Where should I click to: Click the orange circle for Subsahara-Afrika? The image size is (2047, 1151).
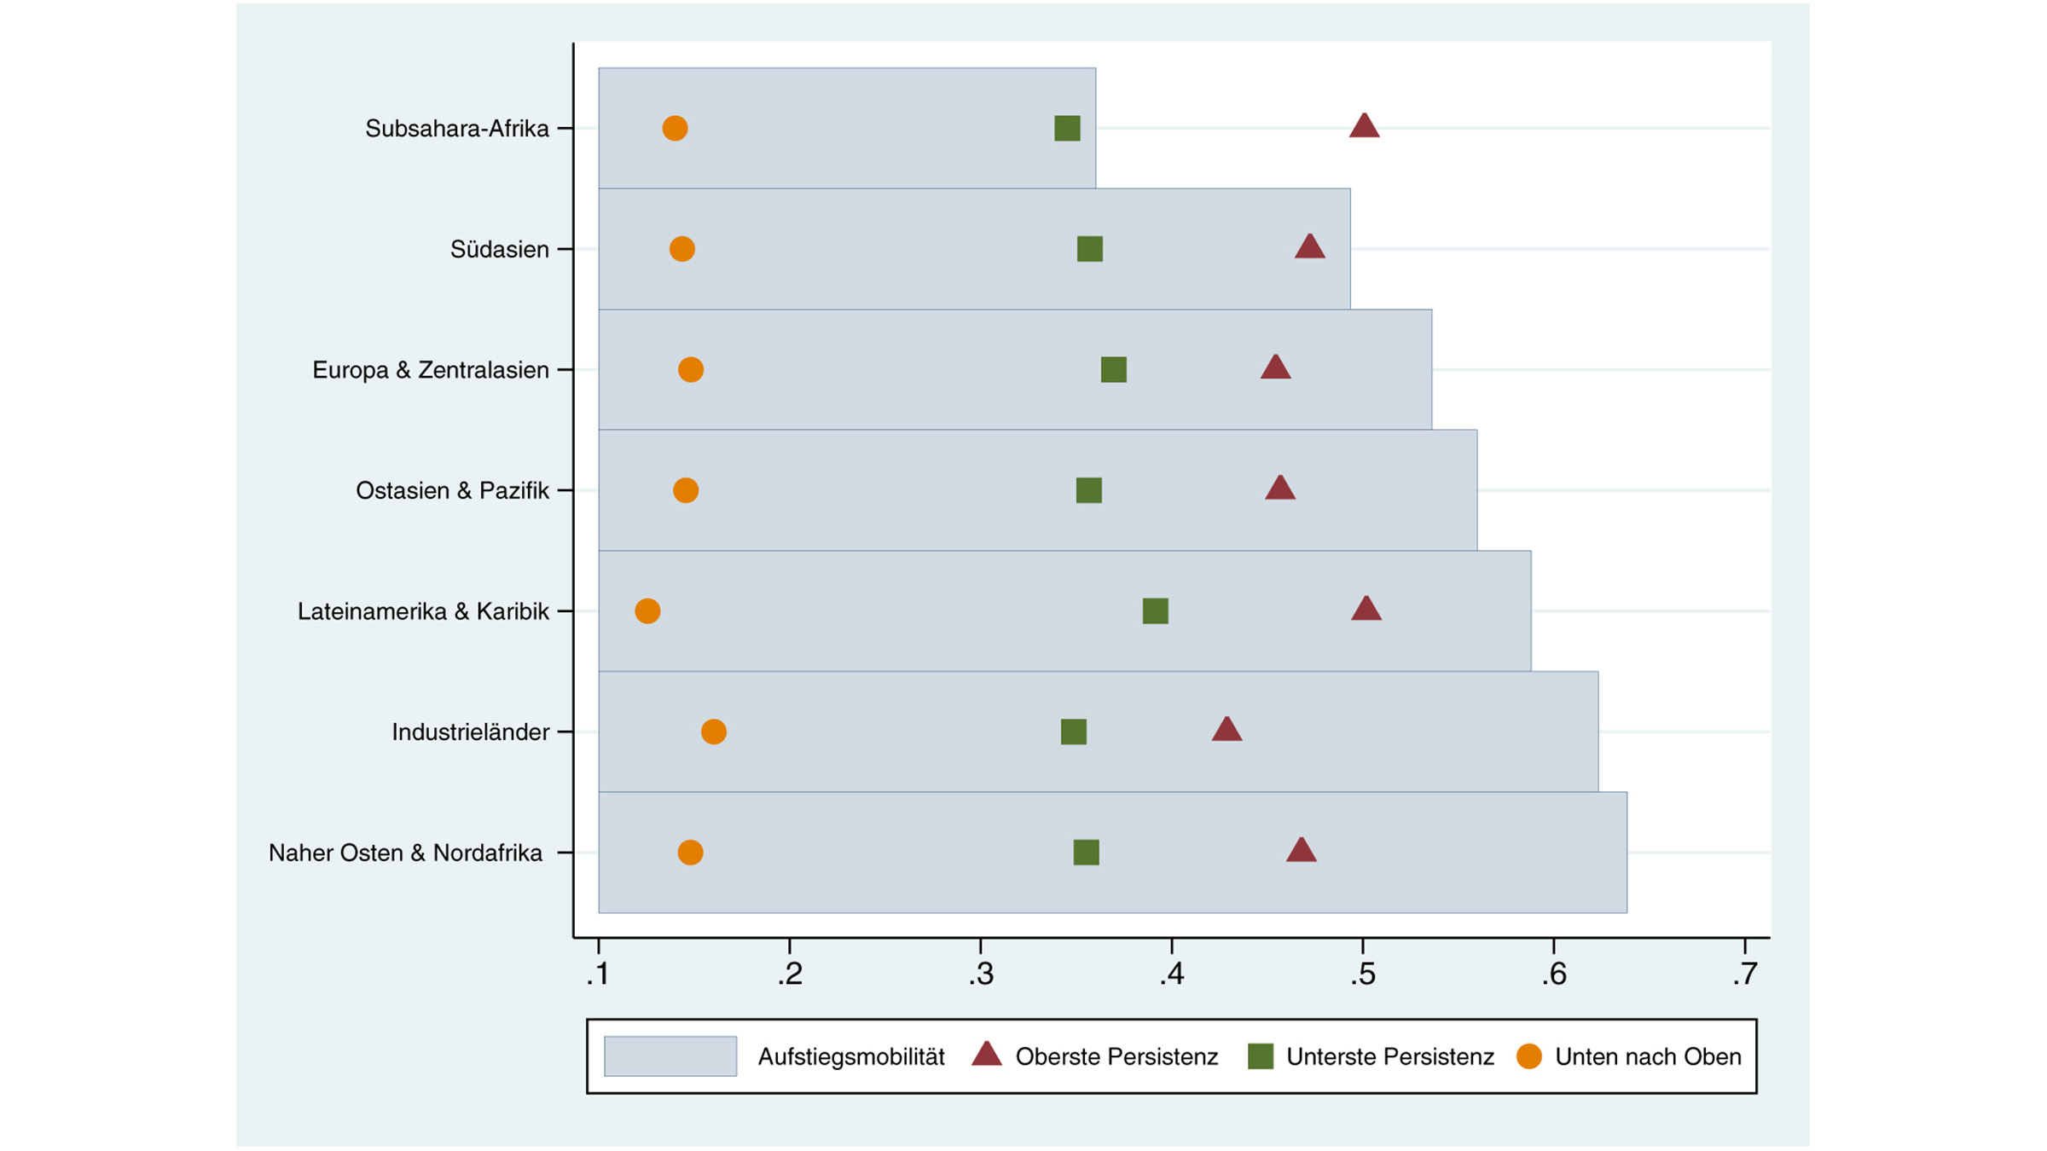(675, 128)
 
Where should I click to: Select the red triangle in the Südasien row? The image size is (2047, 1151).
(1309, 248)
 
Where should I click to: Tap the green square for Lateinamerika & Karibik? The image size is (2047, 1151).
(1155, 610)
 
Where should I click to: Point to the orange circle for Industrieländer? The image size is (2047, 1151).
(713, 732)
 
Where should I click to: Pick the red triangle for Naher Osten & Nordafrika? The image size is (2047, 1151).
(1301, 851)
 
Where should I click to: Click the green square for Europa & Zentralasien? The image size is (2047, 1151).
(1113, 369)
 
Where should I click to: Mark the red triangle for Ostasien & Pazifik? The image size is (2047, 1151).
(1279, 489)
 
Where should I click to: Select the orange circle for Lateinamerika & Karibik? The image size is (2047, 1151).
(647, 610)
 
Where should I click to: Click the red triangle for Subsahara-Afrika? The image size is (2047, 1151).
(1364, 127)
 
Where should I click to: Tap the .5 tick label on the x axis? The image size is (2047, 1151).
(1362, 974)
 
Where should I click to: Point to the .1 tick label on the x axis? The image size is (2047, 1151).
(598, 974)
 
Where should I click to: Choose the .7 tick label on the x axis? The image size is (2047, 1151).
(1744, 974)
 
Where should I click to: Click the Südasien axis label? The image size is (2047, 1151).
(499, 249)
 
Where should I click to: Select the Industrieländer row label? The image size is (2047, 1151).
(470, 732)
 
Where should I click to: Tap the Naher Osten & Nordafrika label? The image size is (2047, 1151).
(405, 853)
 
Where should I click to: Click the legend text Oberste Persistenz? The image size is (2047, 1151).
(1116, 1056)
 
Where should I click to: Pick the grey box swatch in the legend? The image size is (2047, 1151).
(670, 1056)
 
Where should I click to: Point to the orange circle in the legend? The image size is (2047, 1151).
(1528, 1056)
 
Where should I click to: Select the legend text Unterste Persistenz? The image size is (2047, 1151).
(1389, 1056)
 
